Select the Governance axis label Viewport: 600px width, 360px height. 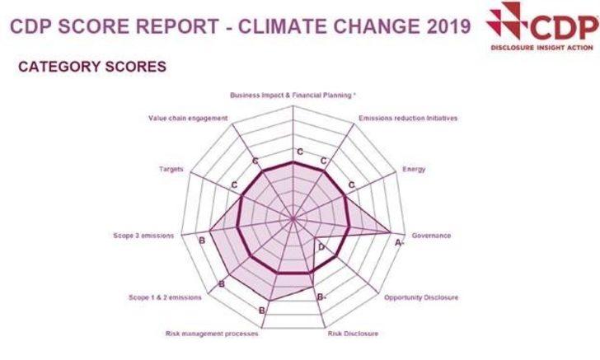tap(431, 236)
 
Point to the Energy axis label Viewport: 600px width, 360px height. tap(414, 170)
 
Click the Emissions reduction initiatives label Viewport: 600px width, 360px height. tap(408, 118)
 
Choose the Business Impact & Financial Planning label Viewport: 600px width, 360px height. tap(293, 96)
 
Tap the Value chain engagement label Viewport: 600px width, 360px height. tap(188, 118)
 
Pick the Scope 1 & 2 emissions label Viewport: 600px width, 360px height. tap(165, 297)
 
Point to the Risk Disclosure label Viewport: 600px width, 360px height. tap(353, 334)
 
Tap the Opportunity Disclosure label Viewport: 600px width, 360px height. tap(421, 297)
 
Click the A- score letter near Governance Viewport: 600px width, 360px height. tap(400, 244)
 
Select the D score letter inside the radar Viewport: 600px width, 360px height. tap(322, 247)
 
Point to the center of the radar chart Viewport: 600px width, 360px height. tap(293, 218)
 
